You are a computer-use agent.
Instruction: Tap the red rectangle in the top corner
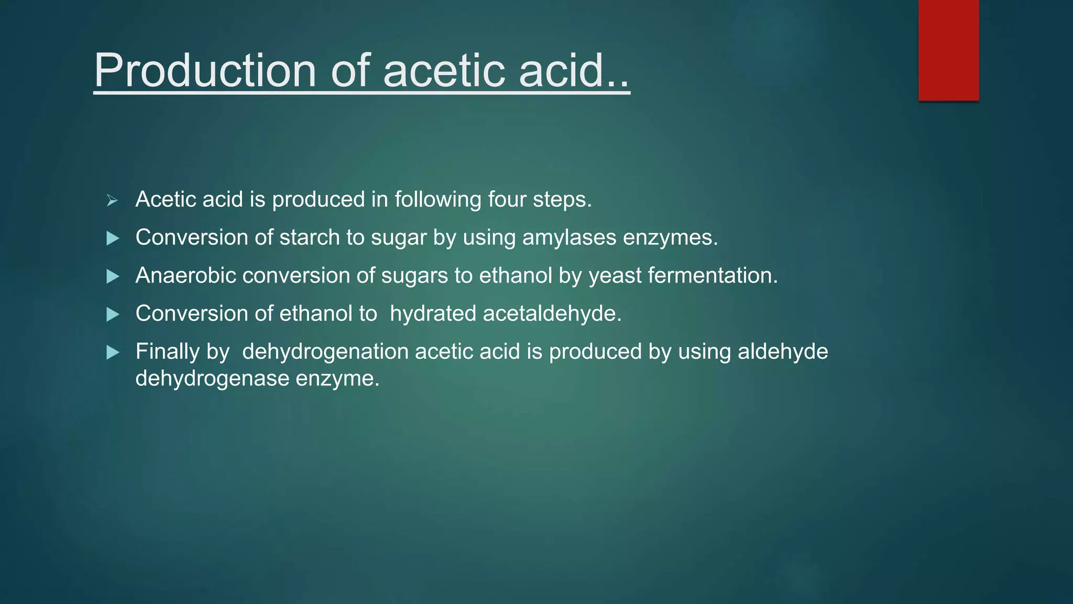pyautogui.click(x=948, y=50)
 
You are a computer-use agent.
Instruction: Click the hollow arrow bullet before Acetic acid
pyautogui.click(x=112, y=200)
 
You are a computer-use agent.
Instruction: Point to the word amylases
pyautogui.click(x=569, y=238)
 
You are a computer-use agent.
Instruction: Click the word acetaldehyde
pyautogui.click(x=552, y=314)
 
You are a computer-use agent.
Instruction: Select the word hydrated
pyautogui.click(x=433, y=314)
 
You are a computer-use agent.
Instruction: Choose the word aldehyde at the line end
pyautogui.click(x=783, y=352)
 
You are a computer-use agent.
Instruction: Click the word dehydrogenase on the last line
pyautogui.click(x=212, y=379)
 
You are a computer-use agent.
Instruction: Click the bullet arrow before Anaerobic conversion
pyautogui.click(x=113, y=276)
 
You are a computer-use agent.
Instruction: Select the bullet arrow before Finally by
pyautogui.click(x=113, y=352)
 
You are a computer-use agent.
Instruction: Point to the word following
pyautogui.click(x=438, y=200)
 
